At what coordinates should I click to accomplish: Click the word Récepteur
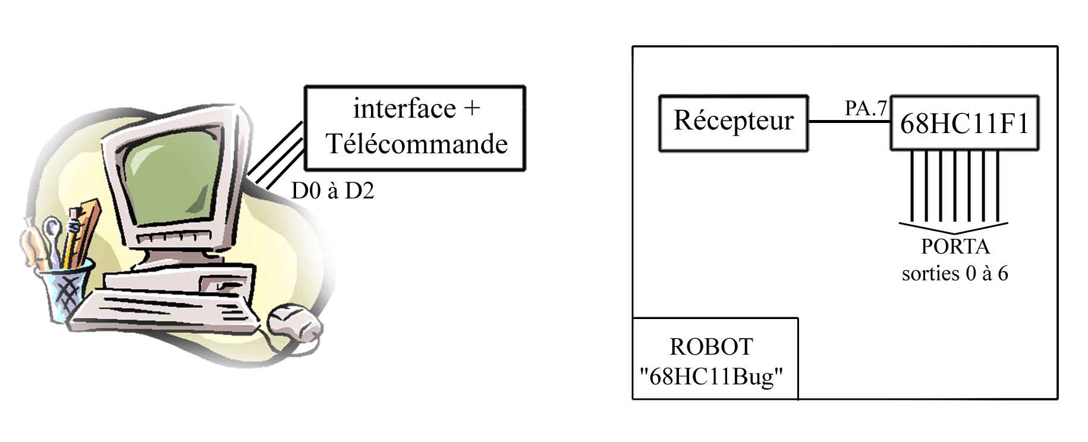(x=733, y=121)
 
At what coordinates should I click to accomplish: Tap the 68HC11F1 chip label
(x=964, y=124)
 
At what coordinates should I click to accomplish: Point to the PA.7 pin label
(x=866, y=108)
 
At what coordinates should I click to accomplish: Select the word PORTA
(x=955, y=246)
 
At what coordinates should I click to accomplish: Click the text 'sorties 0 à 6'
(x=955, y=273)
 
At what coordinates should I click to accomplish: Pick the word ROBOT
(x=711, y=347)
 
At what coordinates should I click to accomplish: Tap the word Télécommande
(x=417, y=144)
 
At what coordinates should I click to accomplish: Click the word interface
(x=404, y=109)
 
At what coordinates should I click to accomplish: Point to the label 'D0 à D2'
(x=332, y=191)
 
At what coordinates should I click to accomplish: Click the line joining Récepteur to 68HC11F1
(x=848, y=122)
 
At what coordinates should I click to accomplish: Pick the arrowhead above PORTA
(x=953, y=228)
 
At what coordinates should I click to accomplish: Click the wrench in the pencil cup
(x=52, y=238)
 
